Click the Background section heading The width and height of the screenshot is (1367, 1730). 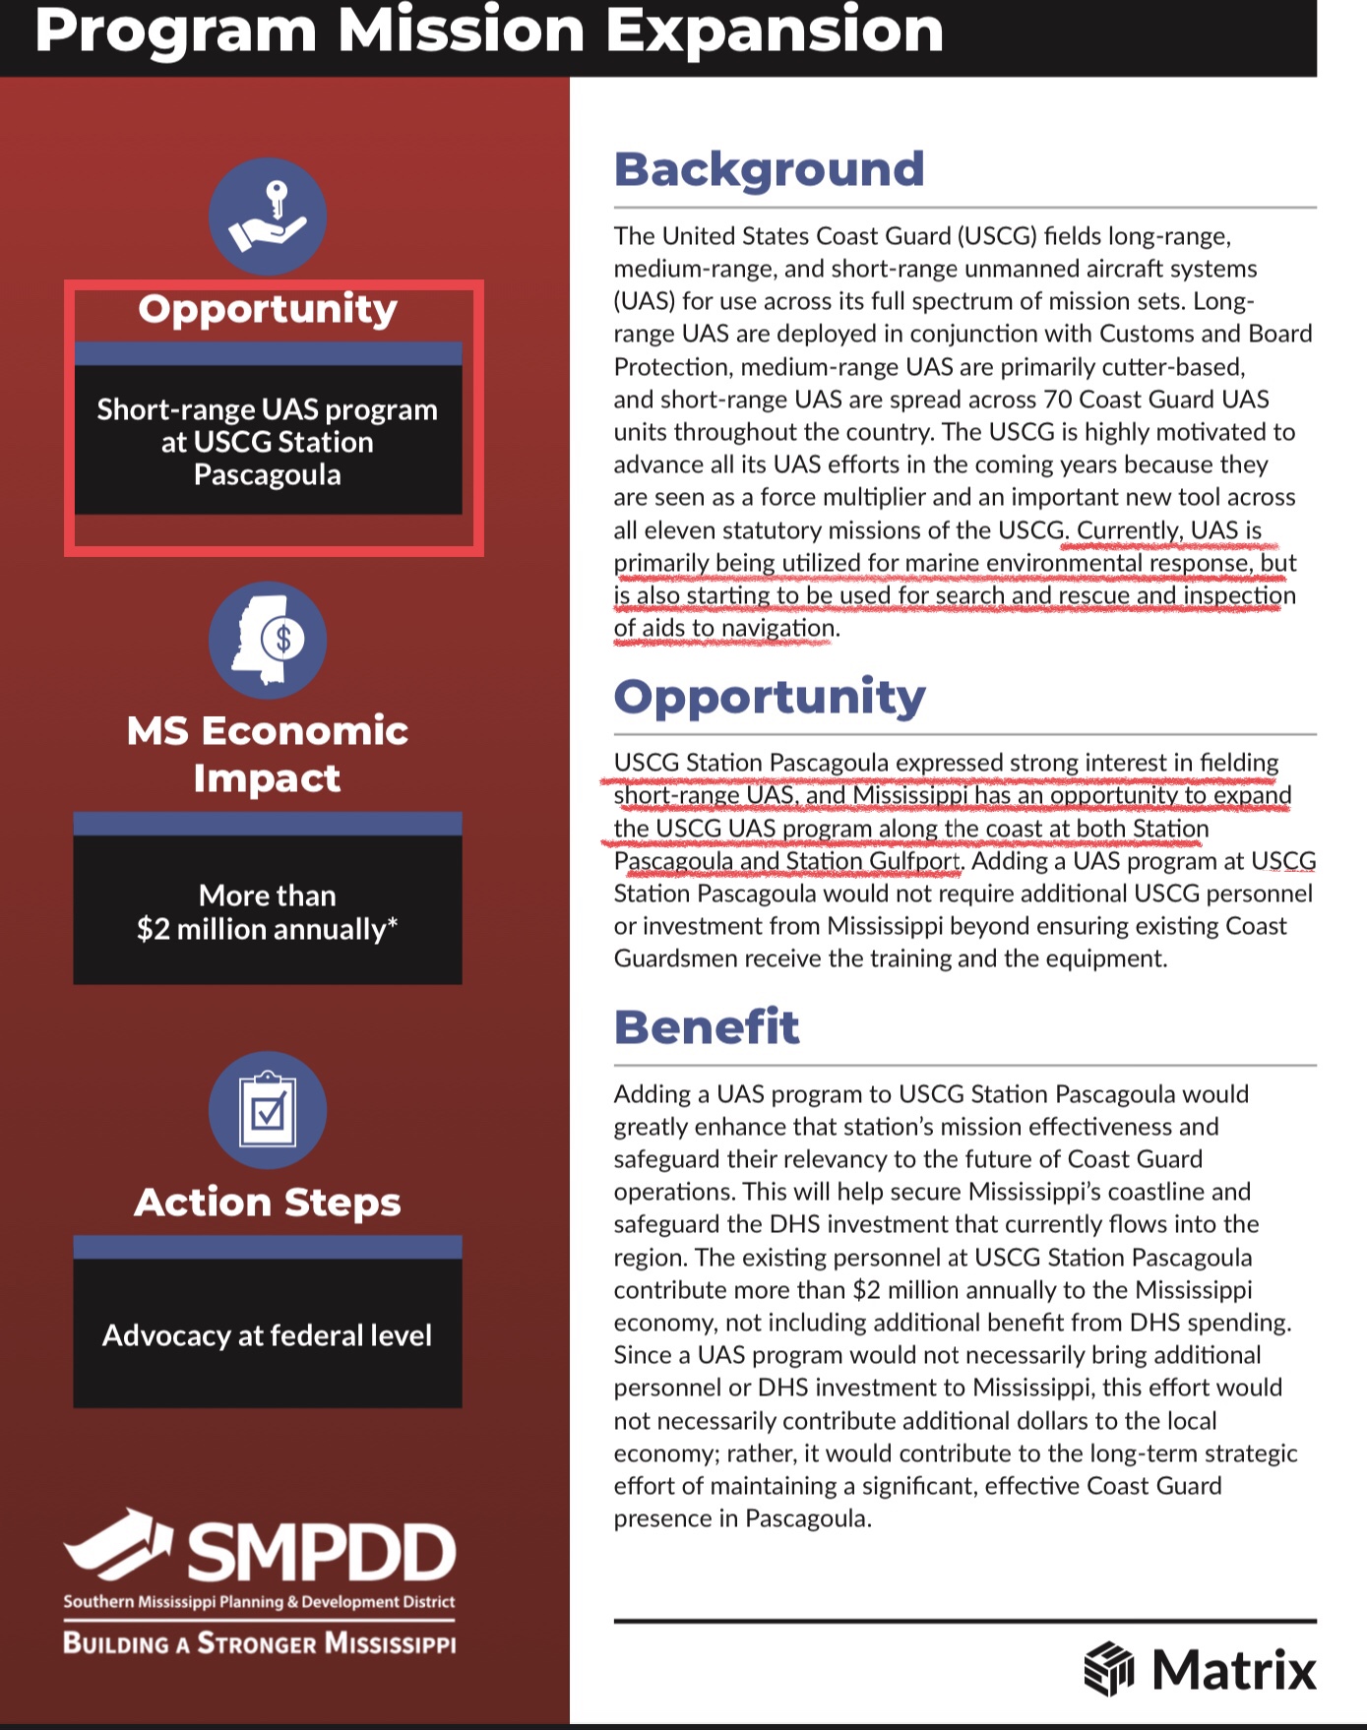pyautogui.click(x=769, y=169)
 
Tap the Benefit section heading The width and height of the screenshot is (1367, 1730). pyautogui.click(x=706, y=1027)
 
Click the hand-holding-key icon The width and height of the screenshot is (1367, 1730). pyautogui.click(x=268, y=216)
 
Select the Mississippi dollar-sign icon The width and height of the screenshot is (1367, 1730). pyautogui.click(x=268, y=641)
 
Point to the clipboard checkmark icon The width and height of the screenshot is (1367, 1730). pyautogui.click(x=268, y=1110)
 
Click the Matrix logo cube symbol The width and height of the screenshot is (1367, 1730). pyautogui.click(x=1109, y=1668)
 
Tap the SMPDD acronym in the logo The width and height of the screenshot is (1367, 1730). pyautogui.click(x=321, y=1553)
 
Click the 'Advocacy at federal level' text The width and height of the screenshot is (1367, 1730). pyautogui.click(x=267, y=1335)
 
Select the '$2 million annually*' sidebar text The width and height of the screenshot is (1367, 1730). pyautogui.click(x=267, y=929)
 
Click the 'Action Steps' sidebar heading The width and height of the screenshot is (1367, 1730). pyautogui.click(x=268, y=1203)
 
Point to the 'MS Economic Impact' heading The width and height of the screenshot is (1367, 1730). pyautogui.click(x=268, y=754)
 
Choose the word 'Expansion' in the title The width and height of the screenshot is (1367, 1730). pyautogui.click(x=775, y=31)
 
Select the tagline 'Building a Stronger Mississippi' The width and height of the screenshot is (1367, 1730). pyautogui.click(x=260, y=1643)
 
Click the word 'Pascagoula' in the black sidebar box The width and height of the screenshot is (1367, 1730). pyautogui.click(x=268, y=475)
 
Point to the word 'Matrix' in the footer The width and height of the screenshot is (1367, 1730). pyautogui.click(x=1233, y=1670)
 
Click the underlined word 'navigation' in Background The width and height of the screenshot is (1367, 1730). pyautogui.click(x=777, y=628)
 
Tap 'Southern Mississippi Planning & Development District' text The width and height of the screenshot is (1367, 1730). pyautogui.click(x=260, y=1602)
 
